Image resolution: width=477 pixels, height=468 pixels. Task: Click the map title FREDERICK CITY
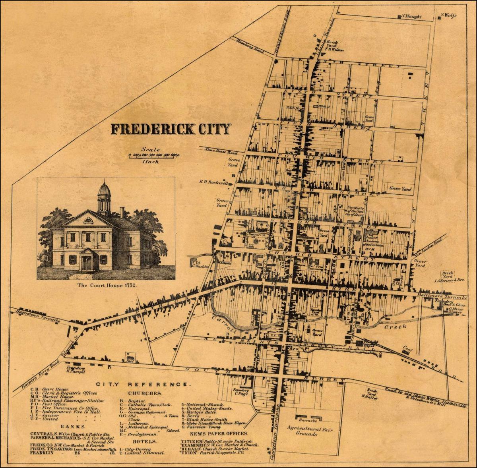[171, 129]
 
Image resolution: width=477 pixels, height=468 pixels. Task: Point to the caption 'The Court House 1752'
[105, 285]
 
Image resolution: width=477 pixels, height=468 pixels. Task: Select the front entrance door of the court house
[87, 263]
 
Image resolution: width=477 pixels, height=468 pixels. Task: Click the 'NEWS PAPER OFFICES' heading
[214, 434]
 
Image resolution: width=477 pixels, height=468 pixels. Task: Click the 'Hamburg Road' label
[250, 46]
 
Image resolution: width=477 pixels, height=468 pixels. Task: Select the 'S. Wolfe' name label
[448, 16]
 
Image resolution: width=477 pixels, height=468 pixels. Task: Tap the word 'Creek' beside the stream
[395, 327]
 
